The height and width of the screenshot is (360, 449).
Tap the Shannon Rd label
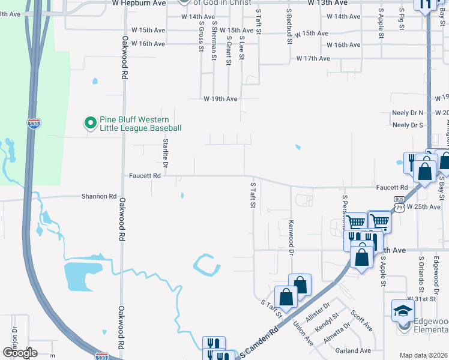[100, 196]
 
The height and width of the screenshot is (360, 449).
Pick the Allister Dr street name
[318, 311]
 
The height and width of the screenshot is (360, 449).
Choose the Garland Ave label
[354, 350]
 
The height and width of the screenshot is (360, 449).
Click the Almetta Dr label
[338, 331]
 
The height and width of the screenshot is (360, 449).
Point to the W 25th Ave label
[424, 206]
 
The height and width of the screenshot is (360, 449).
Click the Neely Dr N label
[408, 113]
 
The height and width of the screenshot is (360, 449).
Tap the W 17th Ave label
[313, 58]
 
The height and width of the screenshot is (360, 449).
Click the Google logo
[20, 352]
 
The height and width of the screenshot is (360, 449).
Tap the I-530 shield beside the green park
[34, 123]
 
